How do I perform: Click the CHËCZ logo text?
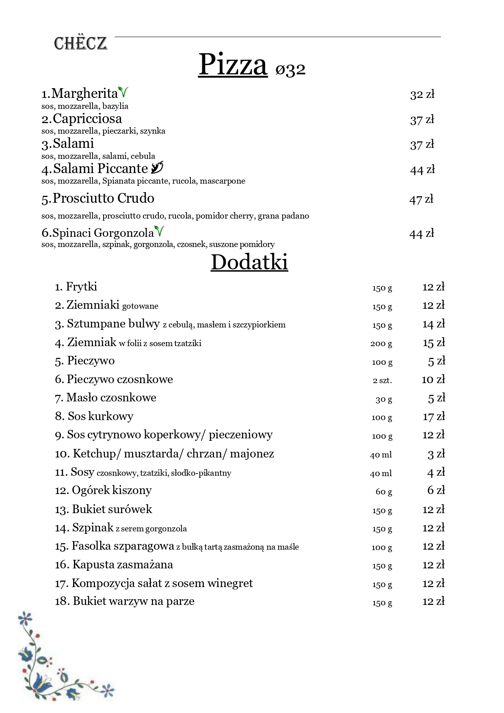point(80,43)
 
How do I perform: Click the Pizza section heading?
point(233,65)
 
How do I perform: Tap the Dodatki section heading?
point(249,262)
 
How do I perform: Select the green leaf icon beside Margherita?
point(123,92)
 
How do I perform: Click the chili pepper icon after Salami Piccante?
point(157,167)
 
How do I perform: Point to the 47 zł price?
point(421,199)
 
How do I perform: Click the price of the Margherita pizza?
point(422,95)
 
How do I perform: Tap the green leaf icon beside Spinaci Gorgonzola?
point(159,231)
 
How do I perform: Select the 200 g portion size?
point(381,344)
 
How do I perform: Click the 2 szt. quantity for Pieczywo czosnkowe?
point(382,381)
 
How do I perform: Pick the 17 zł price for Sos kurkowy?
point(434,417)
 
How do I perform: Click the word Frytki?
point(81,287)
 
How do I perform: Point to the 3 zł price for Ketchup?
point(436,454)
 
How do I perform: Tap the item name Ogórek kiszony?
point(111,490)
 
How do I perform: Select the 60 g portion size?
point(384,492)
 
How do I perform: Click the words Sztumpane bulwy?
point(113,324)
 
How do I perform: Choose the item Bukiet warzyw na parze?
point(133,601)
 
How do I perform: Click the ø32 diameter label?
point(290,69)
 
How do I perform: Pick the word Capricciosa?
point(87,119)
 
